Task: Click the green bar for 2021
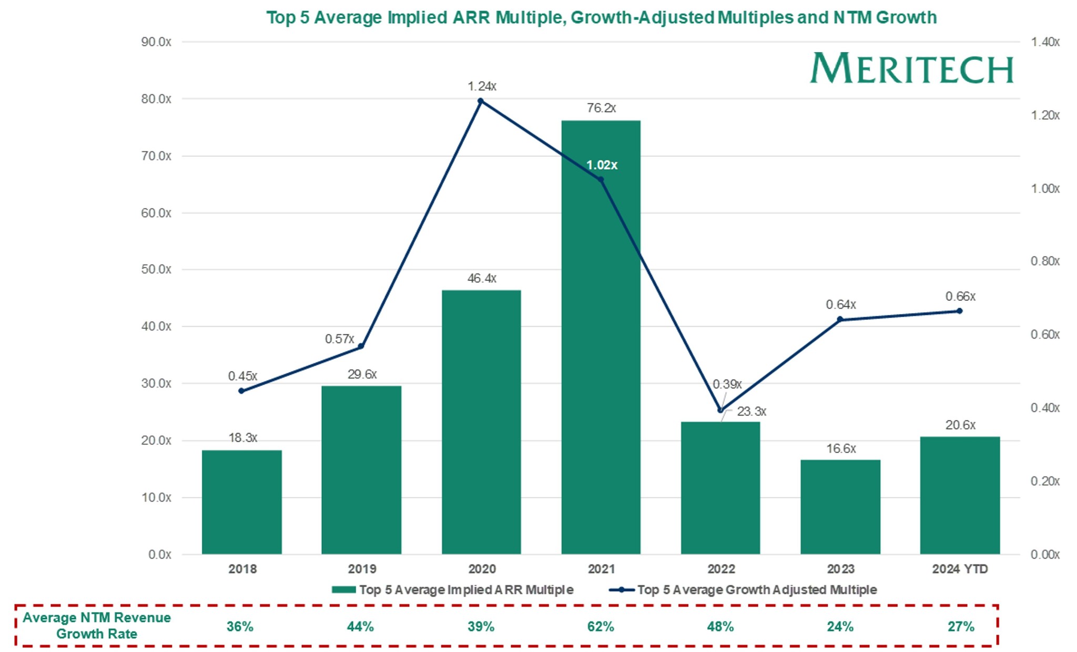click(x=601, y=337)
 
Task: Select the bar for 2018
click(x=241, y=502)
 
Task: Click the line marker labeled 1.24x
click(x=480, y=101)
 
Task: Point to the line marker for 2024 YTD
click(x=959, y=311)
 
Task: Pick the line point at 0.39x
click(x=720, y=410)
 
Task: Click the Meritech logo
click(x=911, y=68)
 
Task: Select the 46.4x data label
click(x=482, y=278)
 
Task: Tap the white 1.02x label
click(x=602, y=165)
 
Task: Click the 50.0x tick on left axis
click(x=156, y=269)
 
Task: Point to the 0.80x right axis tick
click(x=1044, y=261)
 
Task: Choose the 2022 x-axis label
click(x=720, y=569)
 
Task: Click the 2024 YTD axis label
click(x=960, y=569)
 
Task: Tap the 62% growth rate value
click(x=601, y=627)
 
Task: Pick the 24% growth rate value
click(x=840, y=627)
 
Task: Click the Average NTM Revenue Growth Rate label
click(x=97, y=626)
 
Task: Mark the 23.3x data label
click(x=751, y=412)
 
